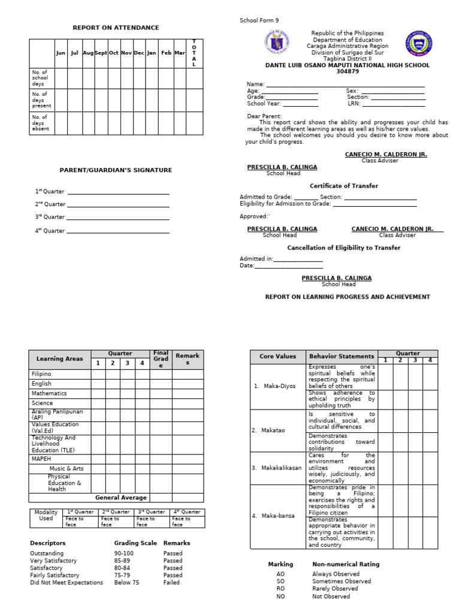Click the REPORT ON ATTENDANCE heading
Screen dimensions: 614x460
point(116,28)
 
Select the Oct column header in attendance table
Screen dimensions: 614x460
point(114,53)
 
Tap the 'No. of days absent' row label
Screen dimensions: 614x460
point(41,123)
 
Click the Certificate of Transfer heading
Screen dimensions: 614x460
point(343,186)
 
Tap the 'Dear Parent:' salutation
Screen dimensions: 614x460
point(264,116)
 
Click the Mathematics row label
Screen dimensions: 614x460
point(49,393)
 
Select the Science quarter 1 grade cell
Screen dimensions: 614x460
point(98,404)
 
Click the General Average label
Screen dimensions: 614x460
point(122,498)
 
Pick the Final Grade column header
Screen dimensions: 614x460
point(161,359)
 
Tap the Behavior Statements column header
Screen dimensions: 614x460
point(341,356)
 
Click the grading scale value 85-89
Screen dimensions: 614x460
point(125,561)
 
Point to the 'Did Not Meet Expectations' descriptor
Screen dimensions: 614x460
point(66,582)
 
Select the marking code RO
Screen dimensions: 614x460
point(280,589)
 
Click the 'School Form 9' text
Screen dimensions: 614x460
point(259,20)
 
